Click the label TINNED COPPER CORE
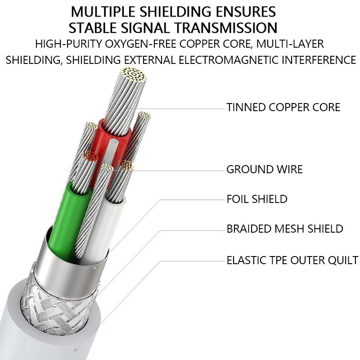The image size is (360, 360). coord(283,108)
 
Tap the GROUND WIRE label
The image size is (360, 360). coord(264,170)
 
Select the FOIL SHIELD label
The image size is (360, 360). coord(257,198)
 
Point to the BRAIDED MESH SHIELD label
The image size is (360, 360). coord(285,229)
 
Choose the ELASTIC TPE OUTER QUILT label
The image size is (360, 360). coord(292,260)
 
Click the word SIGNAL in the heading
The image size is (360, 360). coord(144,28)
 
